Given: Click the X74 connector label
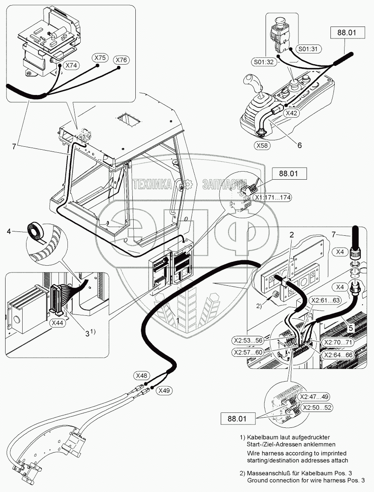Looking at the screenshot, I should tap(71, 66).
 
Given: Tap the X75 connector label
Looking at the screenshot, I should tap(101, 58).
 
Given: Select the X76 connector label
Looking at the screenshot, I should tap(122, 60).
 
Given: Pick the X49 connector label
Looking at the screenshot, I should tap(165, 390).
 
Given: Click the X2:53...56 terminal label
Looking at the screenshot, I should tap(250, 340).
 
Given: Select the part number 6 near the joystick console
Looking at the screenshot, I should tap(299, 145).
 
